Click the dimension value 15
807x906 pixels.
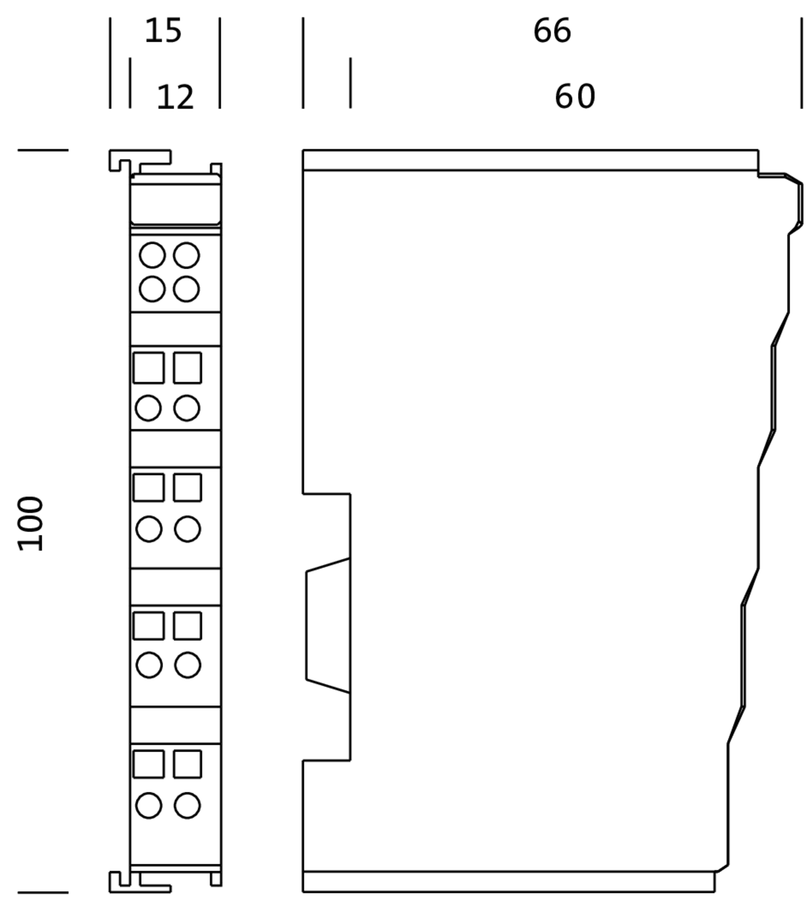tap(163, 31)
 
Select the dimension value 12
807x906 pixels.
tap(175, 97)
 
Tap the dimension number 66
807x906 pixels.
tap(552, 31)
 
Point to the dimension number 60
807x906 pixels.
tap(574, 96)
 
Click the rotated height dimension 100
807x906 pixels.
tap(30, 524)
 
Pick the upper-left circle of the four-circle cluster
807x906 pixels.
tap(152, 255)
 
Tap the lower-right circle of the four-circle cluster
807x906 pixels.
tap(186, 289)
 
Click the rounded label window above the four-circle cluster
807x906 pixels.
tap(175, 199)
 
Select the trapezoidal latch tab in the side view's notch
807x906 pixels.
tap(328, 625)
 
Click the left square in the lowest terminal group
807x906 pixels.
tap(149, 764)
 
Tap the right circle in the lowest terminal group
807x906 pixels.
tap(187, 805)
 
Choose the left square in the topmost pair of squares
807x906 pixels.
tap(149, 368)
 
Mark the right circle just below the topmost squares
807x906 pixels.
tap(186, 408)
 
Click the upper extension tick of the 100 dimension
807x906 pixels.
tap(43, 150)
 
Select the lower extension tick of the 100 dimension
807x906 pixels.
tap(43, 893)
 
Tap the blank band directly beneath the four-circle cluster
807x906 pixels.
tap(175, 329)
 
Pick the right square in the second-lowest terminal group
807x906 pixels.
tap(187, 626)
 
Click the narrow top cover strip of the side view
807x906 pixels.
tap(530, 160)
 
